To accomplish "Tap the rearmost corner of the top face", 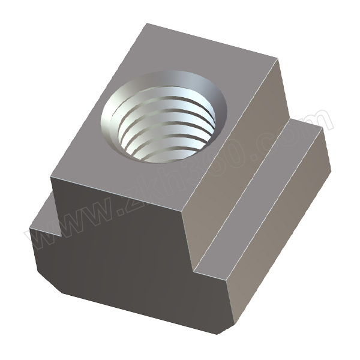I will [x=146, y=25].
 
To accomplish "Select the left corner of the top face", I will [x=51, y=176].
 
